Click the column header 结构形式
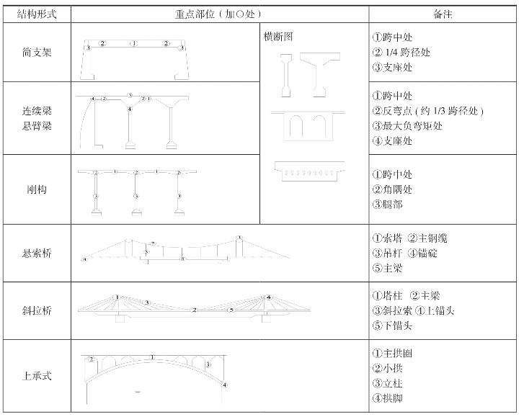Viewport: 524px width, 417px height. (x=37, y=13)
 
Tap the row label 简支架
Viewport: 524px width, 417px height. (x=37, y=53)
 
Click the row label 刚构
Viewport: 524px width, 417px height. (x=37, y=191)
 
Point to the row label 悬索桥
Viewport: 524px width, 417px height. (x=37, y=254)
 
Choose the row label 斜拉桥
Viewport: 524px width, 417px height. (x=37, y=311)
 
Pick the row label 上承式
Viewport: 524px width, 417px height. (x=37, y=376)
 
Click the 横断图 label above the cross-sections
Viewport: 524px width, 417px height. (x=278, y=37)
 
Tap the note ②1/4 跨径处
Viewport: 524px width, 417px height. (x=402, y=53)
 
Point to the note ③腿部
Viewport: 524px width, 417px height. (x=388, y=205)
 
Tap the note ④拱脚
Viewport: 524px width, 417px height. (x=388, y=398)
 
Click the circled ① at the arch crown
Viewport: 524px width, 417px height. (x=151, y=357)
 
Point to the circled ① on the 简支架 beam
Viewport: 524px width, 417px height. (x=134, y=44)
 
